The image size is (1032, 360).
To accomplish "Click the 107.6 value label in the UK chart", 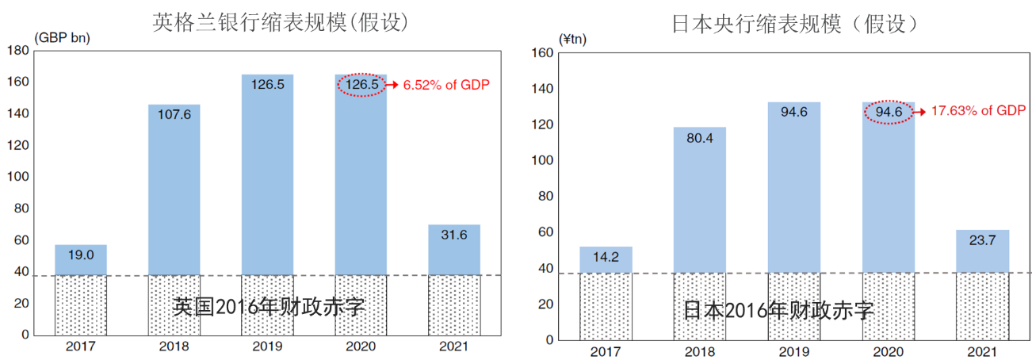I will [174, 114].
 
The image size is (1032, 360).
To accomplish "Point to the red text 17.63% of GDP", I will [978, 112].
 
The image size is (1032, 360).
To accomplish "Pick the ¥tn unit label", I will [572, 39].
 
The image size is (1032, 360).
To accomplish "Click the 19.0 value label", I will [80, 255].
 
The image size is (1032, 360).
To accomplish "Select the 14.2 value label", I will [606, 256].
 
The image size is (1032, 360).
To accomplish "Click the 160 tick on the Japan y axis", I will [542, 53].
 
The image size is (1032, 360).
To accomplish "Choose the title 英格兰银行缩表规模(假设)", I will [281, 22].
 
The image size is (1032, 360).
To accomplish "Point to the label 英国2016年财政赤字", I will [269, 307].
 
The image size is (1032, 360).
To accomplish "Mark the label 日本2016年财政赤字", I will [779, 310].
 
